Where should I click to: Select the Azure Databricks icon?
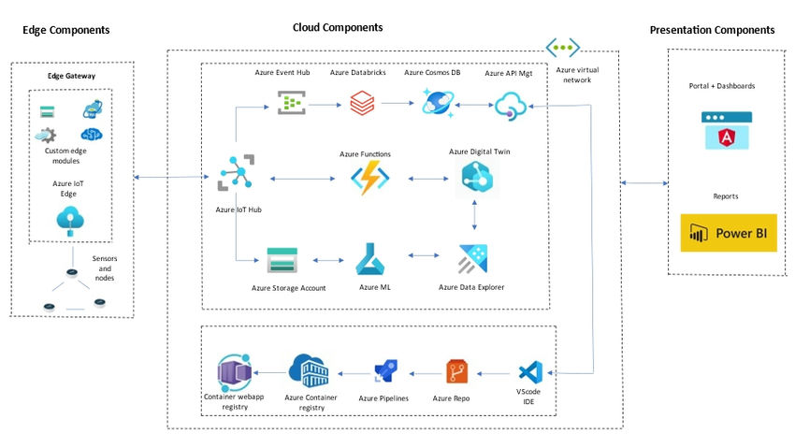(x=361, y=102)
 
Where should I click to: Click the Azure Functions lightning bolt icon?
(x=369, y=178)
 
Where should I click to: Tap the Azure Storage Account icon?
(x=282, y=259)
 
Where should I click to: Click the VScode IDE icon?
(x=529, y=371)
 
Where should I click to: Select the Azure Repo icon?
(x=457, y=371)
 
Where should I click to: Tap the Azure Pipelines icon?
(x=385, y=371)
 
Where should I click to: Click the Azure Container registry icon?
(x=308, y=371)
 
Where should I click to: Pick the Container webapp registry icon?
(x=233, y=371)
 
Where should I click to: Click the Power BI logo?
(x=729, y=234)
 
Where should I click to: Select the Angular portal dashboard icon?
(x=727, y=131)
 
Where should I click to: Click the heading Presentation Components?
(x=712, y=30)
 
